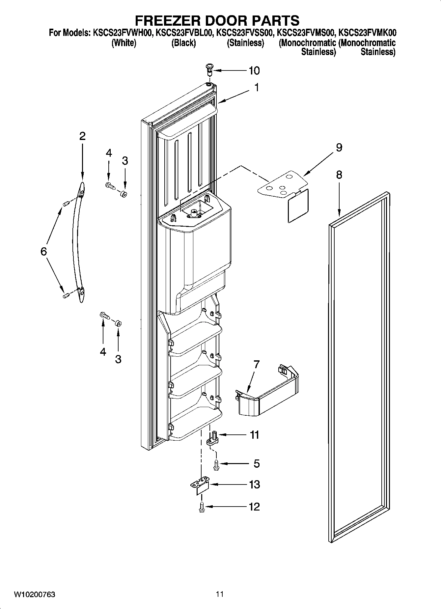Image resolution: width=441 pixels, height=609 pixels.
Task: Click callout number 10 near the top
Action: pyautogui.click(x=254, y=70)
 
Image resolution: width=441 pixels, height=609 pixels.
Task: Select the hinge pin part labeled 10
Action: pyautogui.click(x=209, y=69)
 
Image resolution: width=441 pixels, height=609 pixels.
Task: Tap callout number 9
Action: pyautogui.click(x=339, y=147)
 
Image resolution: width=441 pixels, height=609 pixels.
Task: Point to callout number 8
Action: pyautogui.click(x=339, y=175)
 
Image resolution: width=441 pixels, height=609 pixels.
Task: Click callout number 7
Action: pyautogui.click(x=256, y=364)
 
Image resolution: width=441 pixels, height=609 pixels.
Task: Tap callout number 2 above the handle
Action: pyautogui.click(x=82, y=136)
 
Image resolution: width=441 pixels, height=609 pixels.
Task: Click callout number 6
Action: pyautogui.click(x=43, y=252)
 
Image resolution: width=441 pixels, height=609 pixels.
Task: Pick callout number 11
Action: pyautogui.click(x=254, y=435)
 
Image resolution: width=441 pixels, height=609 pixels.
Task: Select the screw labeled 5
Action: pyautogui.click(x=216, y=464)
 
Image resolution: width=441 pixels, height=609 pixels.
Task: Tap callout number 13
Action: pyautogui.click(x=254, y=484)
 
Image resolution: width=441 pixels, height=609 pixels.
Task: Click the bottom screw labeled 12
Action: pyautogui.click(x=202, y=507)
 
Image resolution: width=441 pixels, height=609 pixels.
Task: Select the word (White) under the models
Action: pyautogui.click(x=124, y=43)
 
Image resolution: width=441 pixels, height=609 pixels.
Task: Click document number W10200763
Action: pyautogui.click(x=34, y=595)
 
